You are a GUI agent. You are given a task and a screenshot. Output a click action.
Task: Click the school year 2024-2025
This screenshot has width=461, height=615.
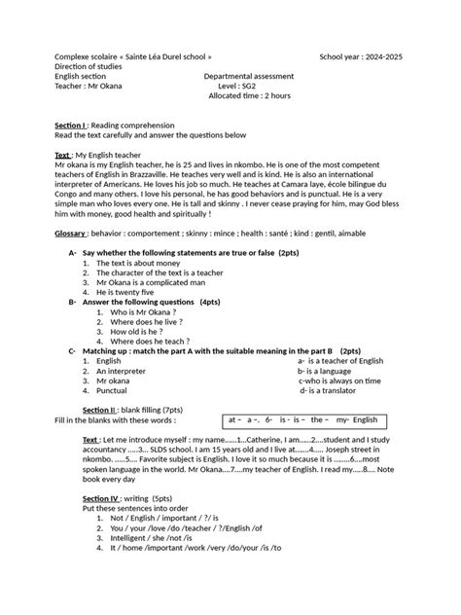pos(361,56)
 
